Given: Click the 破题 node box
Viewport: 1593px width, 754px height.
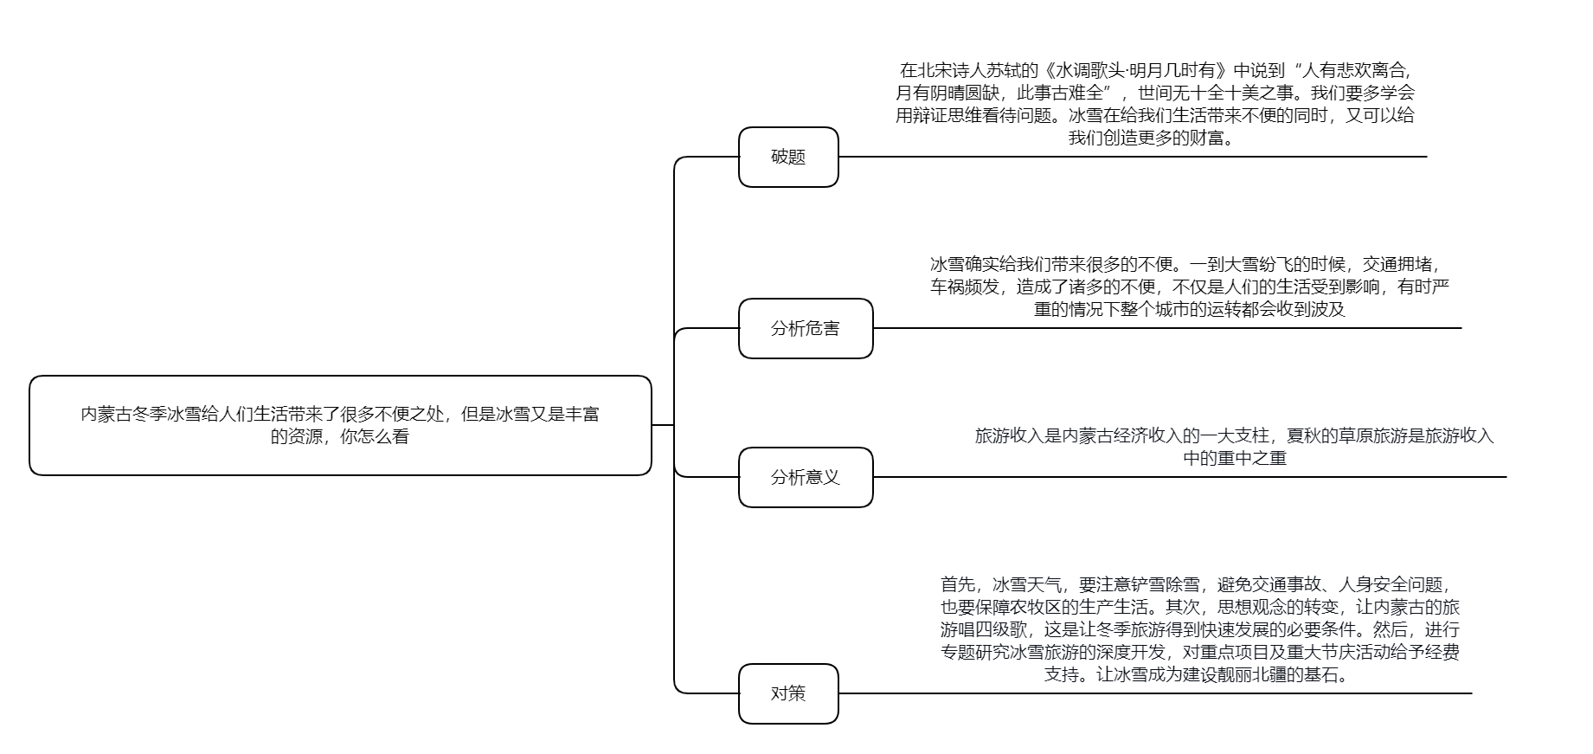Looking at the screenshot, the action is click(x=788, y=157).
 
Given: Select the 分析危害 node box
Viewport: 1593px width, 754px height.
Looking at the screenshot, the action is click(x=806, y=328).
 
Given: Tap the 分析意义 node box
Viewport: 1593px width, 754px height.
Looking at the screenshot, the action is click(x=806, y=477).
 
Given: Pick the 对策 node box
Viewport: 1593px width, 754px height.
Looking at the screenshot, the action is click(x=788, y=693).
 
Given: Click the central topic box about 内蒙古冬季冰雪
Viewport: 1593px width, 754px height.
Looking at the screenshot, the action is click(x=340, y=425).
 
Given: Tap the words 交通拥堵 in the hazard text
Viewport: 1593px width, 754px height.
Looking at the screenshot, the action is click(x=1397, y=264).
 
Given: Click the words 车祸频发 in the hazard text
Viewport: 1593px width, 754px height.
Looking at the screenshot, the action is click(x=965, y=287).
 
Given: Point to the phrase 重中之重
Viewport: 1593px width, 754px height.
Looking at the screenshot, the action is click(x=1252, y=458).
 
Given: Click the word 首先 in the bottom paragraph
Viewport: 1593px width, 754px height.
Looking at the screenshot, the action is click(x=958, y=584).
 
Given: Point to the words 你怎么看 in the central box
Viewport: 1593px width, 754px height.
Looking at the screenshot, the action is click(x=375, y=436).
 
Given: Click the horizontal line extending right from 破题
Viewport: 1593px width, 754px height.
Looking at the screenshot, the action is click(x=1133, y=157).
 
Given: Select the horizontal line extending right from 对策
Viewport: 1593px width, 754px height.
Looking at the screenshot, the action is click(x=1155, y=693).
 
